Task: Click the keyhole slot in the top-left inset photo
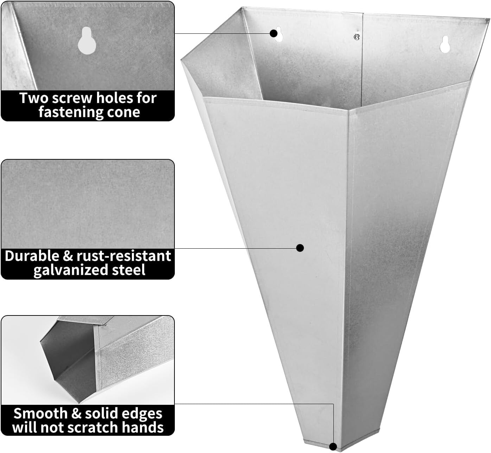84,41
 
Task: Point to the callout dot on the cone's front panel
300,248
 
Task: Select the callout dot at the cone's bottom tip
333,446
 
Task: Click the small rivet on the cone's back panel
357,36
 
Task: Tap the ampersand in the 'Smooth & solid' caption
76,413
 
